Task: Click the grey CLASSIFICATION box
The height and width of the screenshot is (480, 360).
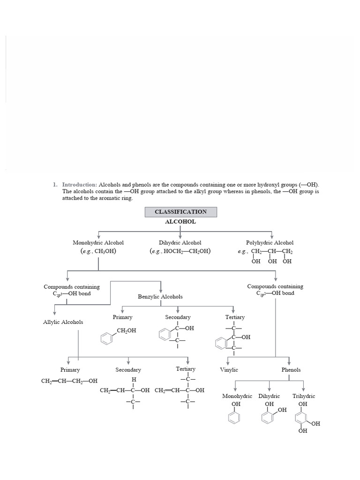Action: coord(181,212)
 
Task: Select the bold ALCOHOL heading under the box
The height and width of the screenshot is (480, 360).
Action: coord(180,222)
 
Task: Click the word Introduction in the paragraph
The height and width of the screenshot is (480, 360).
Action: coord(79,185)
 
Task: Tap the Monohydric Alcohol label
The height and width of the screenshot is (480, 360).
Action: coord(98,243)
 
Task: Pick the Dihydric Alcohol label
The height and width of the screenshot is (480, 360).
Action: coord(180,243)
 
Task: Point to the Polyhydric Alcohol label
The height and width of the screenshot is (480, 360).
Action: coord(270,243)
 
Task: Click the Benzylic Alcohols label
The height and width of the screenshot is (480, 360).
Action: coord(160,297)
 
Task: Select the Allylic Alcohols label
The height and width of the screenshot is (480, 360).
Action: coord(63,322)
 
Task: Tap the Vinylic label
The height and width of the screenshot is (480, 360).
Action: coord(229,370)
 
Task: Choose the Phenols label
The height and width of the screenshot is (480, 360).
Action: coord(291,370)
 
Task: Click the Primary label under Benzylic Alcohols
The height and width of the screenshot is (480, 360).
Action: coord(122,317)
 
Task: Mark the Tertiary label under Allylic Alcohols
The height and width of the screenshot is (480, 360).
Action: coord(186,369)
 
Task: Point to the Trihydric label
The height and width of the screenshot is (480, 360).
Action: coord(304,396)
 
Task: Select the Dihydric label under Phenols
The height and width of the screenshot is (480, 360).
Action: coord(269,396)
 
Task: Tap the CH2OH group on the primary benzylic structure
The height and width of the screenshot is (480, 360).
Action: coord(127,330)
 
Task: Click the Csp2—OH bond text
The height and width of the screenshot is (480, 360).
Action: coord(275,293)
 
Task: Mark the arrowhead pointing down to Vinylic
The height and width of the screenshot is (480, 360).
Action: coord(228,361)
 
